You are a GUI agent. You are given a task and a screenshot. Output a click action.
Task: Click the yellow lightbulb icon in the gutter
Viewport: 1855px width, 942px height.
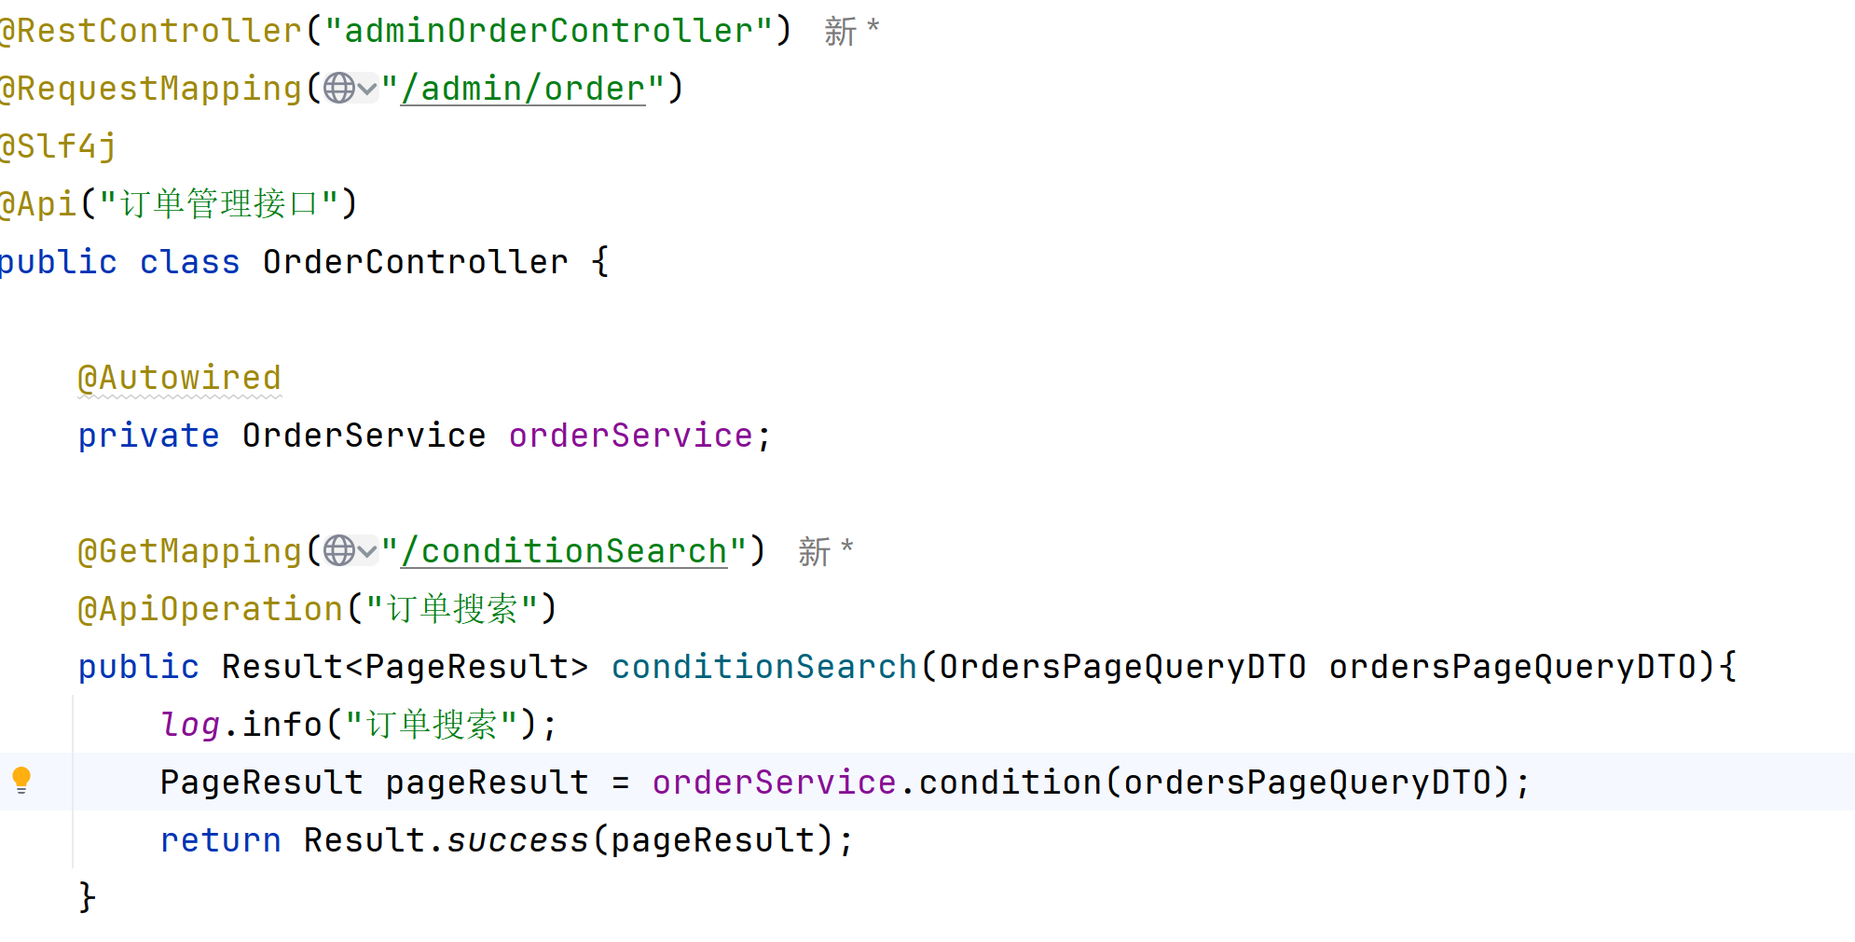[21, 780]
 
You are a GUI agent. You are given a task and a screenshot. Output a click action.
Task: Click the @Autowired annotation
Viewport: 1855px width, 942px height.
[179, 378]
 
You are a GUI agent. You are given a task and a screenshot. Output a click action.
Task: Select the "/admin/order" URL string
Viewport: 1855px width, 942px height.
[523, 89]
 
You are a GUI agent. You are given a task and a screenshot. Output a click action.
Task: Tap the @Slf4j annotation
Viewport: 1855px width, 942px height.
[58, 146]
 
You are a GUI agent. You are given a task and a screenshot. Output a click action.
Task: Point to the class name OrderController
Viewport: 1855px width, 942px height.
[415, 262]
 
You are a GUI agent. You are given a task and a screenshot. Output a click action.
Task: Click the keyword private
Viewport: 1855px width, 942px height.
[148, 436]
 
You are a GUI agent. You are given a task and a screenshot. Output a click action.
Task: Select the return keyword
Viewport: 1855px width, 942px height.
[220, 840]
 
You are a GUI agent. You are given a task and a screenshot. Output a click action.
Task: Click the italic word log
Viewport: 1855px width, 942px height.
[190, 725]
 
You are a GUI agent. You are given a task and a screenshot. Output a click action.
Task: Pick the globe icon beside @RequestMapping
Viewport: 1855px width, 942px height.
[339, 89]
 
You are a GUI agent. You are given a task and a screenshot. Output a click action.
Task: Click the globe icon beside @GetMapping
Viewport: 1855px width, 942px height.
[339, 551]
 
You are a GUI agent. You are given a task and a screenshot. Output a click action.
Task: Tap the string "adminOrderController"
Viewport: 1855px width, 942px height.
[548, 31]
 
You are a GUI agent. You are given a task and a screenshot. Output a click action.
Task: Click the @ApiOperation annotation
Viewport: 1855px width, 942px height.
[211, 609]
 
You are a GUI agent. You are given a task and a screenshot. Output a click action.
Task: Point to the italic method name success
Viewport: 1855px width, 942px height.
[517, 840]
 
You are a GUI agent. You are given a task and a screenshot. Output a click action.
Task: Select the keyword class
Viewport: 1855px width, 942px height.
[189, 262]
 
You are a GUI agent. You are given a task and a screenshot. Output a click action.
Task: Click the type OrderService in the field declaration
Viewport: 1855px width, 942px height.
[364, 436]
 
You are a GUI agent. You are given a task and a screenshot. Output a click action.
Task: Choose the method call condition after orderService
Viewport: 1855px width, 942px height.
[1010, 783]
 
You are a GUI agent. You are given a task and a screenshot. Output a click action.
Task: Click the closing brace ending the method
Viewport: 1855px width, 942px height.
[87, 897]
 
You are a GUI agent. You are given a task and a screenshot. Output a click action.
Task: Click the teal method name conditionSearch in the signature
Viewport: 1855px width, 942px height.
[763, 667]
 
